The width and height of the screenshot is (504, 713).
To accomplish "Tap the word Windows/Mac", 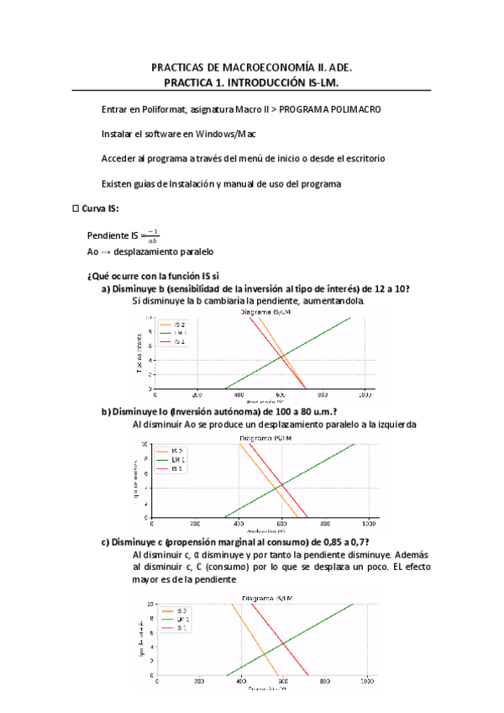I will pos(227,135).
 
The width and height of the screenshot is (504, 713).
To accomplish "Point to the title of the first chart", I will pos(266,312).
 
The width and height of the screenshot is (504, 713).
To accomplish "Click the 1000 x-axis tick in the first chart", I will pos(364,394).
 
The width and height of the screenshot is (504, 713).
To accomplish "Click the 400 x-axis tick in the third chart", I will pos(240,682).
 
